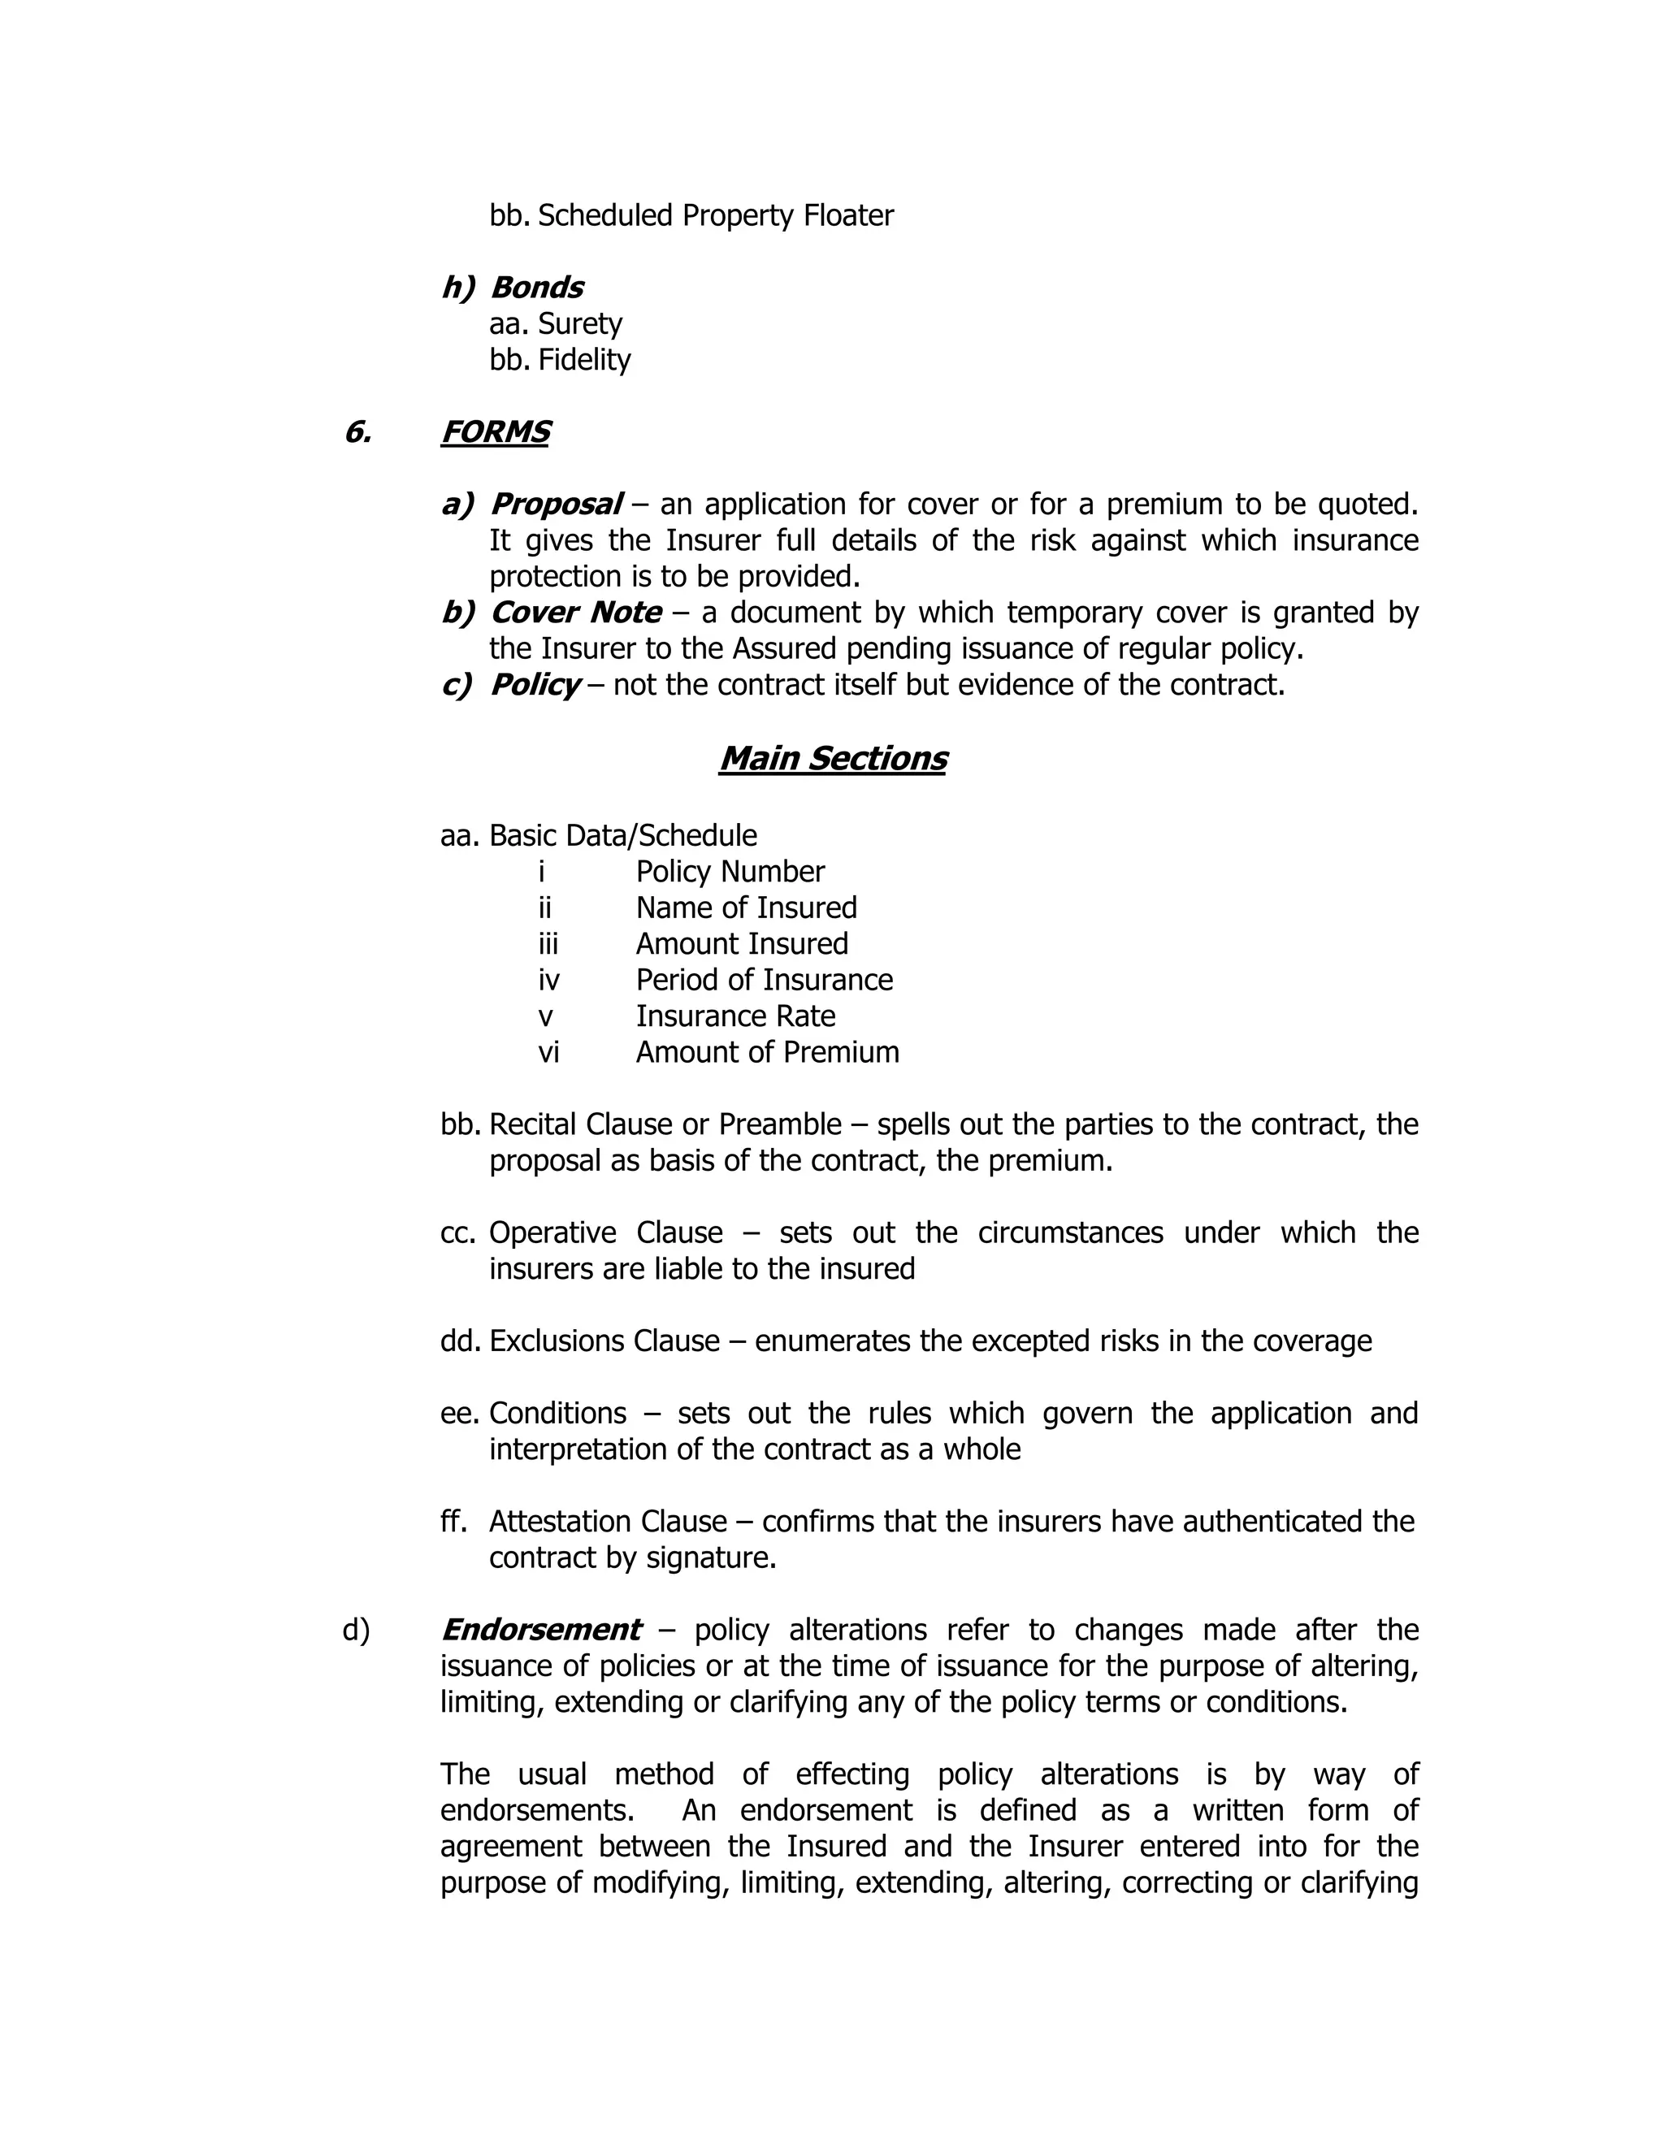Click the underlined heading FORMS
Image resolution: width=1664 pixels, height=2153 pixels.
coord(495,431)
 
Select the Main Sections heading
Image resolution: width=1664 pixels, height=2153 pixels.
coord(832,758)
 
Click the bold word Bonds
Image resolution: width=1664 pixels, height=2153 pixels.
coord(536,287)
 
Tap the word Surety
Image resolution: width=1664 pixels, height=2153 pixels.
coord(579,323)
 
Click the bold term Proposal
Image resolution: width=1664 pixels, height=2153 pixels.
coord(556,504)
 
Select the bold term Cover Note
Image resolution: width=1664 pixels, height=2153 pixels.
coord(576,613)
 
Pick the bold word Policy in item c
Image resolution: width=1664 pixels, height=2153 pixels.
coord(535,684)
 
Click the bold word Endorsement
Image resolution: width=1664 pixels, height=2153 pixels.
coord(541,1630)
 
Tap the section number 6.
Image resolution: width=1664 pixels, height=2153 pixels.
coord(357,431)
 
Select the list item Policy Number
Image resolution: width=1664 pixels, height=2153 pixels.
coord(730,872)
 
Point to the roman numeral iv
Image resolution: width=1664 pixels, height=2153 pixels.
coord(549,980)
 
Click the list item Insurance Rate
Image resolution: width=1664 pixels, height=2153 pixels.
coord(734,1016)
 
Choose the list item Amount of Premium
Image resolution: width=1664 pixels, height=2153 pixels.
coord(767,1052)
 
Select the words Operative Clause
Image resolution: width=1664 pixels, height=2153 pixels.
coord(605,1232)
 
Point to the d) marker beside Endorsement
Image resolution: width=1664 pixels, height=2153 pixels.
coord(356,1631)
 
